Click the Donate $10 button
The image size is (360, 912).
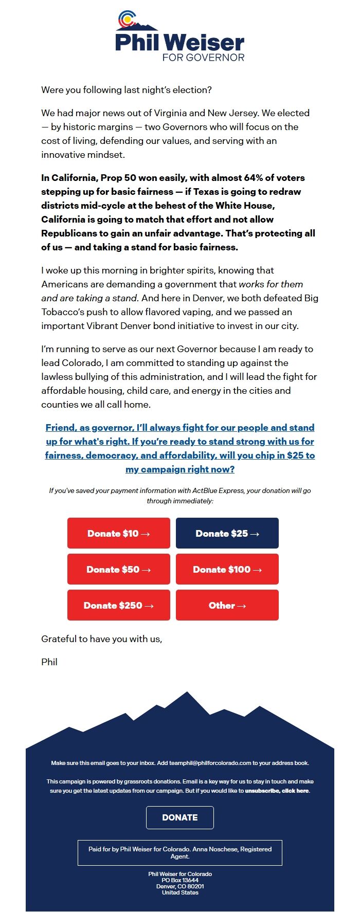118,533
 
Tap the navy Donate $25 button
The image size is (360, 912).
227,533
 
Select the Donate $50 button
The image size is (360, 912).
118,569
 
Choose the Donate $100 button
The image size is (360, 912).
227,569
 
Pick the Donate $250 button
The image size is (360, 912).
118,605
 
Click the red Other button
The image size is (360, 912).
227,605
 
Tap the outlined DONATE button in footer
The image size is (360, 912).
179,817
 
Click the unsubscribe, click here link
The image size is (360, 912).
277,791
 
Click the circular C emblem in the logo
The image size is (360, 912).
127,20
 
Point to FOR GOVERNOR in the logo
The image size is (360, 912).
203,58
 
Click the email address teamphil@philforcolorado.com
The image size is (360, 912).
210,763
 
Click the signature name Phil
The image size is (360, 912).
49,662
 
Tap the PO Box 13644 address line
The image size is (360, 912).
179,880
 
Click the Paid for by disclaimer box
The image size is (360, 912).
179,852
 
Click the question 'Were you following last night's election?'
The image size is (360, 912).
127,90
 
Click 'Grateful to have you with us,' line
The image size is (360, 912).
102,639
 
